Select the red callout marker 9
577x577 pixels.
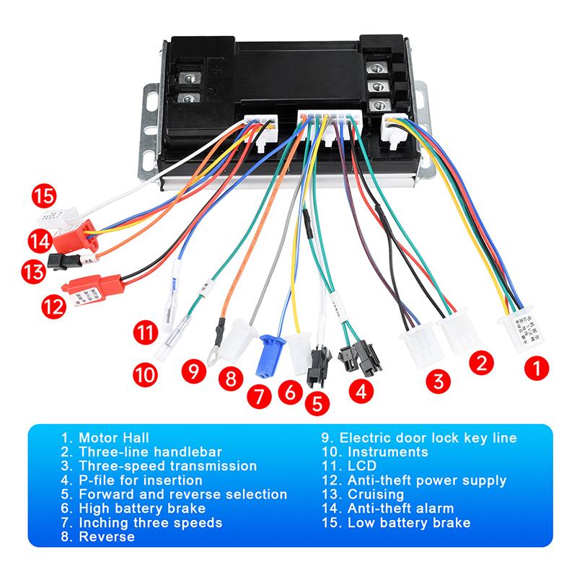193,371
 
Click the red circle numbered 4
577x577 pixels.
361,392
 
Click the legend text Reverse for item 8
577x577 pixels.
107,537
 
